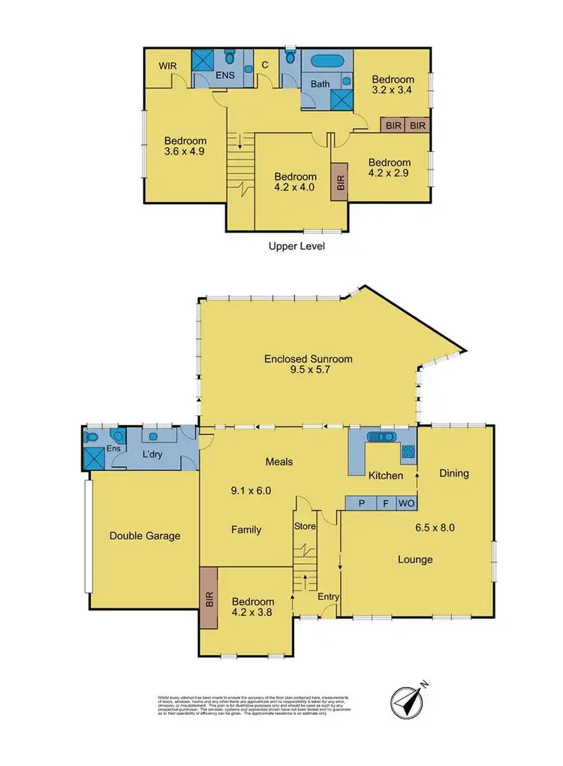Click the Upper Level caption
click(x=297, y=246)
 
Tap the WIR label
click(x=167, y=66)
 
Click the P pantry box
click(x=361, y=503)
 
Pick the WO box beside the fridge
click(x=405, y=503)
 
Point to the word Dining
click(x=454, y=473)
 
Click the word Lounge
click(x=415, y=559)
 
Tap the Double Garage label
click(x=145, y=535)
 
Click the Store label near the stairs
click(x=306, y=526)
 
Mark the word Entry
click(x=328, y=596)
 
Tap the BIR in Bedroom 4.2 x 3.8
click(x=208, y=599)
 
